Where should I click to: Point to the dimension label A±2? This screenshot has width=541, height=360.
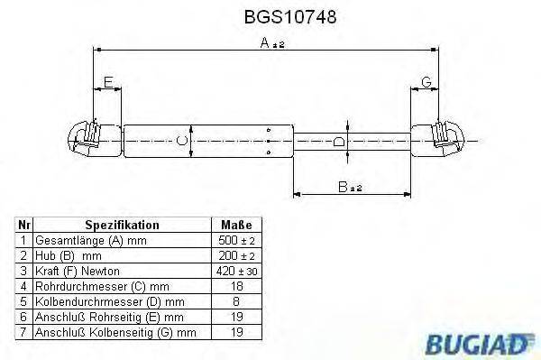(x=266, y=43)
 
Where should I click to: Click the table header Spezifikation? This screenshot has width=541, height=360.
(x=122, y=226)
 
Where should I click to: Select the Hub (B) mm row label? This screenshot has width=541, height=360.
(x=69, y=255)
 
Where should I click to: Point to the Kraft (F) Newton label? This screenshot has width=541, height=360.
(x=77, y=270)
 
